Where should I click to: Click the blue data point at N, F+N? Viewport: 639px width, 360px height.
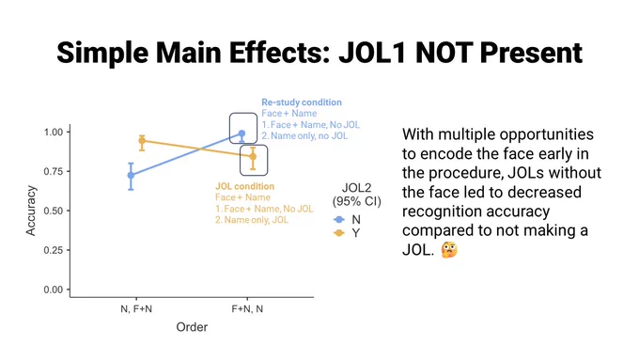[x=131, y=176]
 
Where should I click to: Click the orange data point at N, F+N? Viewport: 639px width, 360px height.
[x=142, y=141]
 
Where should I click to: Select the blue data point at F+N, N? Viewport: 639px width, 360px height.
[x=242, y=133]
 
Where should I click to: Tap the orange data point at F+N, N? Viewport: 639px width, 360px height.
[x=253, y=157]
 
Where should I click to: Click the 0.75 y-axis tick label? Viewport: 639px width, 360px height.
[x=54, y=171]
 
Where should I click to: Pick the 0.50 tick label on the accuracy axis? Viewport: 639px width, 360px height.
[x=54, y=211]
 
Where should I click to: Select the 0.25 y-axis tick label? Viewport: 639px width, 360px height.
[x=54, y=250]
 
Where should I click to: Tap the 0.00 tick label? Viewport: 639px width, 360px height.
[x=54, y=290]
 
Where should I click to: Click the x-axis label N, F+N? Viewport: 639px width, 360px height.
[x=136, y=309]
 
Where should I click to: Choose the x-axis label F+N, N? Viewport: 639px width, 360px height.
[x=247, y=309]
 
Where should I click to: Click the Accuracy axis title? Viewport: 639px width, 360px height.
[x=31, y=211]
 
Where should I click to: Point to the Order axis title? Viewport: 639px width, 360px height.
[x=192, y=327]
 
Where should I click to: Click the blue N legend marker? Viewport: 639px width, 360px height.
[x=339, y=220]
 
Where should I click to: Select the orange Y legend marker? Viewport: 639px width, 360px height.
[x=339, y=233]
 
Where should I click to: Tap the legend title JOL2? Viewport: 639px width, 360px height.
[x=356, y=188]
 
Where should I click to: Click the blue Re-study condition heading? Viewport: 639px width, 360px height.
[x=302, y=102]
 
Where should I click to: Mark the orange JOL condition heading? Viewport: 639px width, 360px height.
[x=245, y=186]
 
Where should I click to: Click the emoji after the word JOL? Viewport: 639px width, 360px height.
[x=449, y=249]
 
